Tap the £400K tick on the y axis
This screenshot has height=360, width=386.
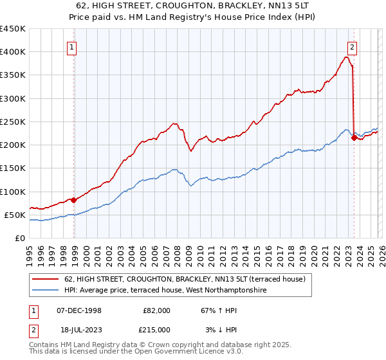pos(13,52)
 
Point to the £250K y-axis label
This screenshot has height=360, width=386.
pos(13,122)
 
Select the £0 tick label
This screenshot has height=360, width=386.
pos(19,238)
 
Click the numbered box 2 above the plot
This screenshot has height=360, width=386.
pos(353,47)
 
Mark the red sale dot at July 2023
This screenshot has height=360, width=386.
pos(354,137)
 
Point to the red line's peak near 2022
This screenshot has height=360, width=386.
pos(347,57)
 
